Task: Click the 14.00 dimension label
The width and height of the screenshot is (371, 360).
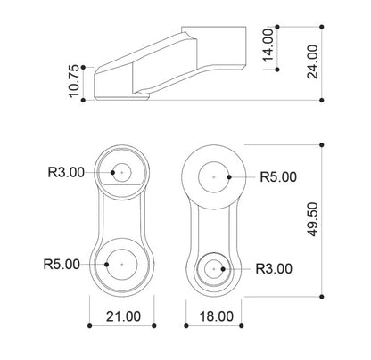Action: pos(268,45)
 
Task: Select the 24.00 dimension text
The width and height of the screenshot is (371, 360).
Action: pos(312,61)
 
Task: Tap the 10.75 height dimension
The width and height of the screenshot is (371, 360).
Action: pos(74,81)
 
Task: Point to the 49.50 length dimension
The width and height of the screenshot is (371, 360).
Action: pos(312,219)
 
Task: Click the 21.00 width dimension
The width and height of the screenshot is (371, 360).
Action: pos(123,316)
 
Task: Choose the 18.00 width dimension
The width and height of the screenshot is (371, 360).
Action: pos(216,316)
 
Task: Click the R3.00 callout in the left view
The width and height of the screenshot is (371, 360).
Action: pos(66,172)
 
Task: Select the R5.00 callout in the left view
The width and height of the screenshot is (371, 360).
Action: pos(62,264)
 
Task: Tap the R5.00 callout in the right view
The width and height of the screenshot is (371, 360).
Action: pos(278,177)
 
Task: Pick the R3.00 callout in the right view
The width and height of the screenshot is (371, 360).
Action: pos(274,269)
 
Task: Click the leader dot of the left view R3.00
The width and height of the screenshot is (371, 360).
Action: pos(112,172)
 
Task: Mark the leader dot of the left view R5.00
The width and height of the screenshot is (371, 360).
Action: pos(106,264)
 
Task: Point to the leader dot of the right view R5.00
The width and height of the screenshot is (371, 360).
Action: pos(229,177)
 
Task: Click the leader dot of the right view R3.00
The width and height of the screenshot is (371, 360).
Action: pos(223,269)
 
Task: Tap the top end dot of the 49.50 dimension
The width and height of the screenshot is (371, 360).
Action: pos(321,145)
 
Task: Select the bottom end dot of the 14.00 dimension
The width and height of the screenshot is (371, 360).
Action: pos(277,70)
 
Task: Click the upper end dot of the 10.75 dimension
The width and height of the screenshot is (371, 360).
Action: pos(83,68)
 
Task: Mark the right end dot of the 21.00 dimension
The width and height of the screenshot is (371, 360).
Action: pos(154,326)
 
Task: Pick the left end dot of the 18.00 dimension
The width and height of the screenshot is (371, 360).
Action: pos(186,326)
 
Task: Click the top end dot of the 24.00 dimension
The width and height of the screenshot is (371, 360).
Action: pos(321,27)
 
